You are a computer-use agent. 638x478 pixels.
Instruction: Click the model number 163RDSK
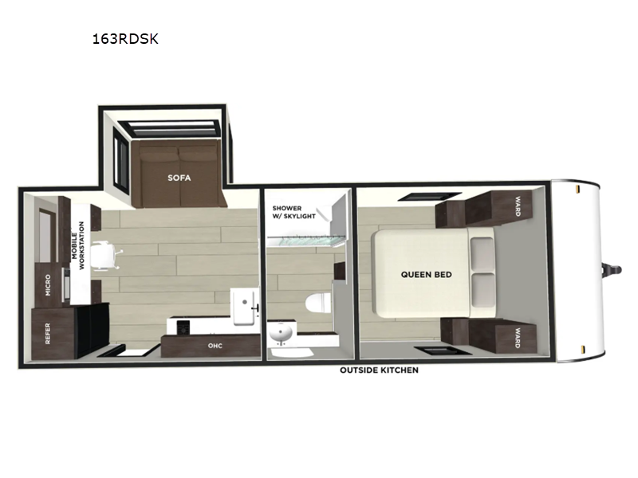[x=125, y=39]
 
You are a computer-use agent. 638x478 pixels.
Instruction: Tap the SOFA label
[x=179, y=178]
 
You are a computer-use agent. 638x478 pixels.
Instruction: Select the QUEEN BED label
[x=426, y=275]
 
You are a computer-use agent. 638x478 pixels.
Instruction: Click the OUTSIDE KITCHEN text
[x=379, y=370]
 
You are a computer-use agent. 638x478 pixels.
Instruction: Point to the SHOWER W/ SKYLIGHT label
[x=293, y=212]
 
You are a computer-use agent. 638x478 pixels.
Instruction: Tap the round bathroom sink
[x=281, y=334]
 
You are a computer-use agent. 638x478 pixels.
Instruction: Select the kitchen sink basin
[x=244, y=307]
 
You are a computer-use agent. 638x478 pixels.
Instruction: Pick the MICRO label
[x=48, y=285]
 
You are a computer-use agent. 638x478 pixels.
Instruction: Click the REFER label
[x=48, y=333]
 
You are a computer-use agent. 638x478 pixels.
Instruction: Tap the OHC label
[x=215, y=346]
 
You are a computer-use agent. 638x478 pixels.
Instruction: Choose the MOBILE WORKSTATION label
[x=77, y=245]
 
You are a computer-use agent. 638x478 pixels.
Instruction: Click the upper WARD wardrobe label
[x=518, y=206]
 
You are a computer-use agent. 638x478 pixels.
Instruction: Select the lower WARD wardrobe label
[x=518, y=338]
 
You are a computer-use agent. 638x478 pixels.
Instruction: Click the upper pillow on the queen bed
[x=482, y=253]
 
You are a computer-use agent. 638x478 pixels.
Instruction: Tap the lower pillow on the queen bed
[x=483, y=290]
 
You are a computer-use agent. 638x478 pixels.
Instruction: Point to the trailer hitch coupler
[x=612, y=269]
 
